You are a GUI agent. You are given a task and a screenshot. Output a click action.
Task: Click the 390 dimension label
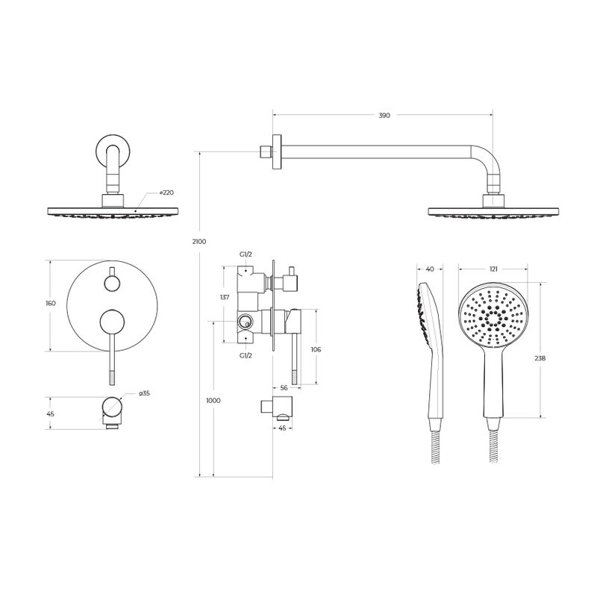tap(384, 116)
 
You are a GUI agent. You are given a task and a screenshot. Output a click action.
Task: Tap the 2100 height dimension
tap(199, 241)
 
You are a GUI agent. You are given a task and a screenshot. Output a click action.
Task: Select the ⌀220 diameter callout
tap(166, 193)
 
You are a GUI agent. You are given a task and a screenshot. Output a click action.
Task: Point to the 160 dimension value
tap(51, 303)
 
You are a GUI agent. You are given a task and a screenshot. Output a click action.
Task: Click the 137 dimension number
tap(225, 297)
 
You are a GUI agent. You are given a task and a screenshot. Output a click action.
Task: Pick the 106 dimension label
tap(316, 349)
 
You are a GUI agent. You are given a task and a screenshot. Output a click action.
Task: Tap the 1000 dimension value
tap(213, 401)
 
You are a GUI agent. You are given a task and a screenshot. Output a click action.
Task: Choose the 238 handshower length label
tap(540, 358)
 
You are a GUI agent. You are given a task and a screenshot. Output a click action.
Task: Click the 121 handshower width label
tap(493, 269)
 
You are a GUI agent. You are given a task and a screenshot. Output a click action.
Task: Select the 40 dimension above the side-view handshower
tap(430, 269)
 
